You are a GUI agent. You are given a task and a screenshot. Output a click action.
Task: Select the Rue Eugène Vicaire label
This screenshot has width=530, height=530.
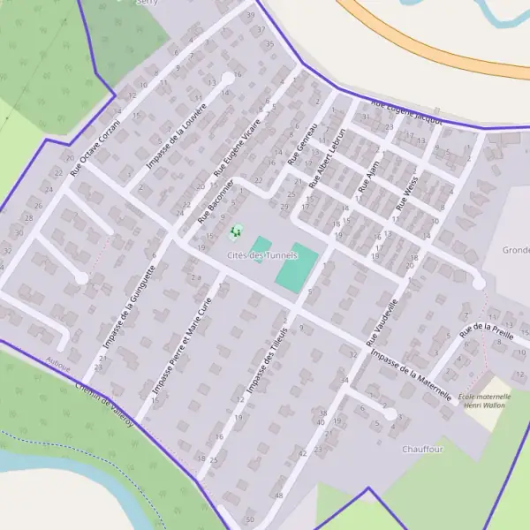[238, 147]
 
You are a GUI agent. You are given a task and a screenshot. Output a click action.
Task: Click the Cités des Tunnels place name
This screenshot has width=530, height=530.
[261, 255]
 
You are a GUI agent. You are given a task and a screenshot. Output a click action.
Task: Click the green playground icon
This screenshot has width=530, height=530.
[235, 232]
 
